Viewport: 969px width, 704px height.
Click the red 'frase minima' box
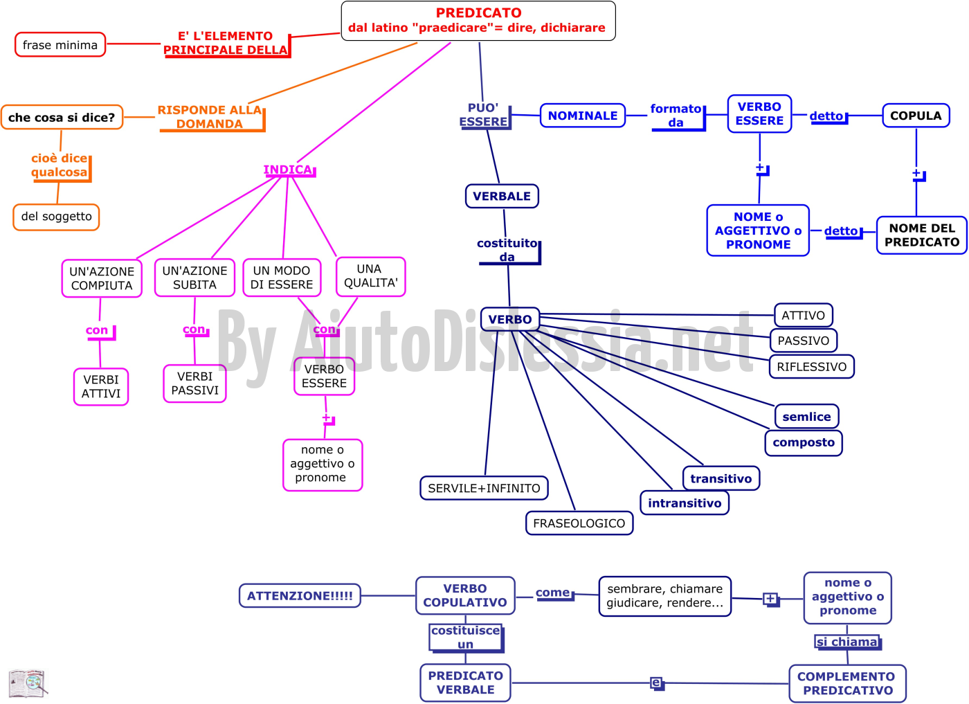coord(60,44)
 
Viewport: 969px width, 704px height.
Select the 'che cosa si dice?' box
coord(62,117)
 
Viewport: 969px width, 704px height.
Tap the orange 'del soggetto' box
coord(56,217)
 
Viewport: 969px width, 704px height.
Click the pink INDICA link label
coord(289,170)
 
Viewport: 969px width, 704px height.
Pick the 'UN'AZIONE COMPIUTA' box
coord(102,278)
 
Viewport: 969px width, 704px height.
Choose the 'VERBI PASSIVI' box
coord(194,383)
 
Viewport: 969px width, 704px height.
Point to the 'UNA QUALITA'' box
coord(371,276)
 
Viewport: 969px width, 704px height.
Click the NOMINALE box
coord(583,116)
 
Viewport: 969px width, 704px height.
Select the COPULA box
coord(916,116)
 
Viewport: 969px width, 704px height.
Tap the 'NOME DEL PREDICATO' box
coord(922,235)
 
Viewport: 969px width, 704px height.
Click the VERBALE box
coord(502,196)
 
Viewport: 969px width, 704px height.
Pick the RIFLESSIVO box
coord(811,366)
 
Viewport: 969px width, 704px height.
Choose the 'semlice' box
coord(807,416)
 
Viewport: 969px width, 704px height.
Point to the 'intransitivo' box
coord(685,503)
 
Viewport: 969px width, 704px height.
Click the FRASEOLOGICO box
coord(579,523)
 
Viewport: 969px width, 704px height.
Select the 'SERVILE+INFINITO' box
coord(484,488)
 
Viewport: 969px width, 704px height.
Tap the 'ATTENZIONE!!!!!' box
coord(300,595)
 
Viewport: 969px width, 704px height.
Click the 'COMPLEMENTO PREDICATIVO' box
coord(847,683)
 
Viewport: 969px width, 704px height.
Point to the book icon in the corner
coord(28,683)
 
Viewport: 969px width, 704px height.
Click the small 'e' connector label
coord(657,683)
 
